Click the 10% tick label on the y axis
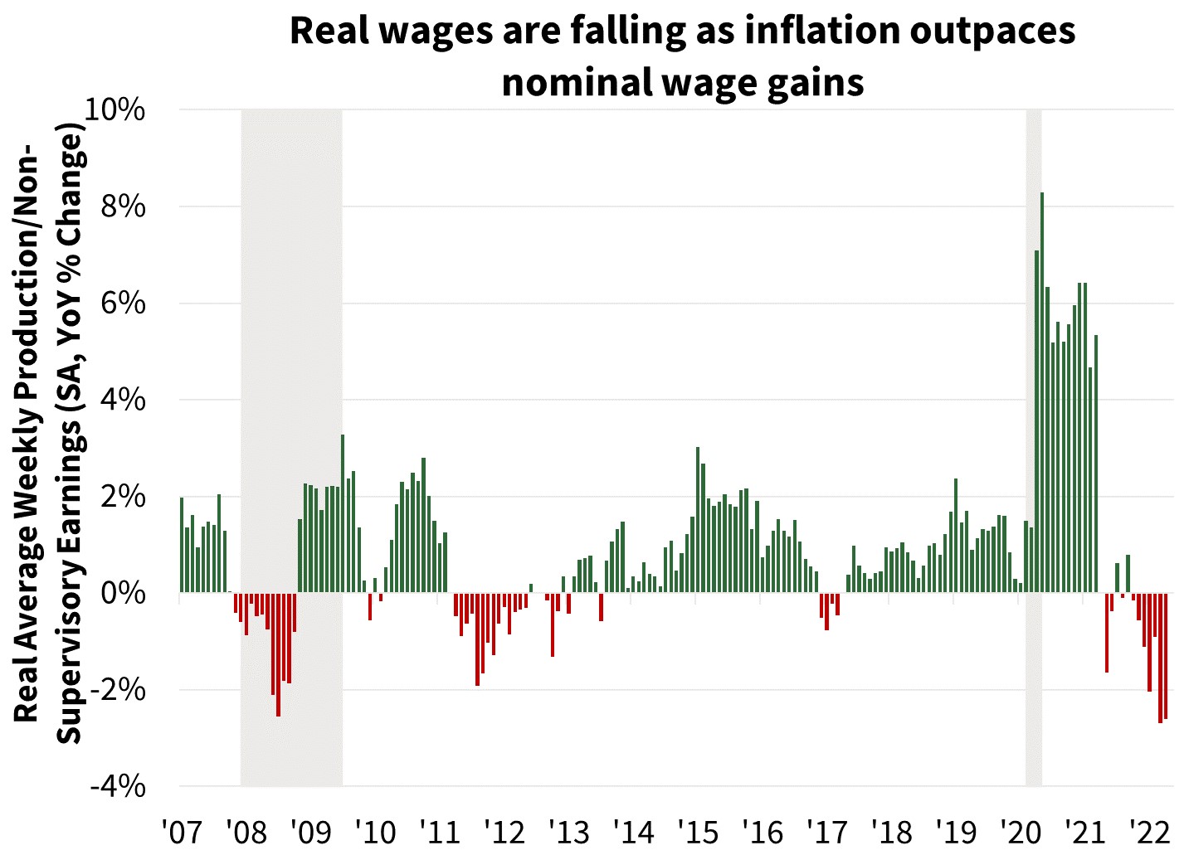[115, 109]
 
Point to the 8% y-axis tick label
[124, 206]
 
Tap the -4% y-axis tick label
[118, 785]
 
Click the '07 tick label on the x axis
[182, 831]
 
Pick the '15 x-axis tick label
[698, 831]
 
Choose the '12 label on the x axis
[504, 831]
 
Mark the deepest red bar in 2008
[278, 654]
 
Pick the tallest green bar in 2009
[343, 513]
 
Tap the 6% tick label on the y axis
[124, 304]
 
